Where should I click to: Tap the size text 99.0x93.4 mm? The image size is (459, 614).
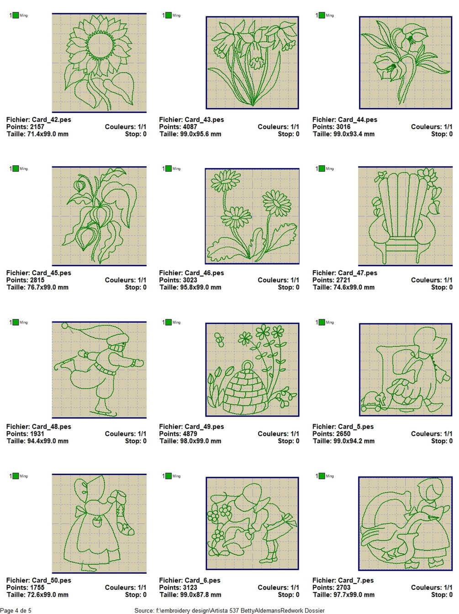pyautogui.click(x=353, y=134)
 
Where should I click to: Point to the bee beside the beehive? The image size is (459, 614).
pyautogui.click(x=219, y=339)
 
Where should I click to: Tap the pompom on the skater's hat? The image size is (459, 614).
pyautogui.click(x=65, y=325)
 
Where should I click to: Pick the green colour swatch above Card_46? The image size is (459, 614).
pyautogui.click(x=169, y=168)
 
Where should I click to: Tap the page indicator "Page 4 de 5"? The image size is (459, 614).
pyautogui.click(x=16, y=610)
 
